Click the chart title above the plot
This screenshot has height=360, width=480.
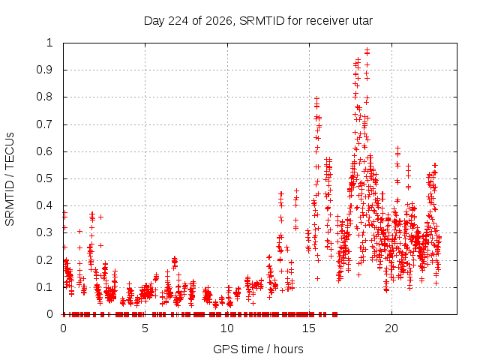[x=258, y=21]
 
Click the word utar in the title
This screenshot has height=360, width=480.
[x=363, y=21]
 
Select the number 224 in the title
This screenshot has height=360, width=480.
[x=178, y=21]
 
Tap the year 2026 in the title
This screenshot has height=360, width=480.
[x=219, y=21]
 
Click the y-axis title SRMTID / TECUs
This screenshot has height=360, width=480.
[x=10, y=179]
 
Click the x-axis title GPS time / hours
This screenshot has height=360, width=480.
[x=258, y=349]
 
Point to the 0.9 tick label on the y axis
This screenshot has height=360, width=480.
[x=45, y=70]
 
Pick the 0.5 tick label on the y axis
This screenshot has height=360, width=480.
[x=45, y=178]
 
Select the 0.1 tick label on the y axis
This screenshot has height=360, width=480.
[x=45, y=287]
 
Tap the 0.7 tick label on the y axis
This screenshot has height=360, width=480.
[x=45, y=124]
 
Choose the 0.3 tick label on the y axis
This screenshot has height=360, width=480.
[x=45, y=232]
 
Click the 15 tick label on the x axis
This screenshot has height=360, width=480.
[x=309, y=328]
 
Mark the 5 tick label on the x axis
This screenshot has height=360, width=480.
[x=145, y=328]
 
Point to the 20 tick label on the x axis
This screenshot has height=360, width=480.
[x=391, y=328]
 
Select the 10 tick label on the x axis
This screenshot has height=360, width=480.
[x=227, y=328]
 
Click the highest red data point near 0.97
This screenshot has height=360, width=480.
[x=367, y=49]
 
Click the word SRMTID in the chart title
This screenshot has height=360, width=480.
[x=262, y=21]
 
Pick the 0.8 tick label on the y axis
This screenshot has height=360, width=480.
[x=45, y=97]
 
